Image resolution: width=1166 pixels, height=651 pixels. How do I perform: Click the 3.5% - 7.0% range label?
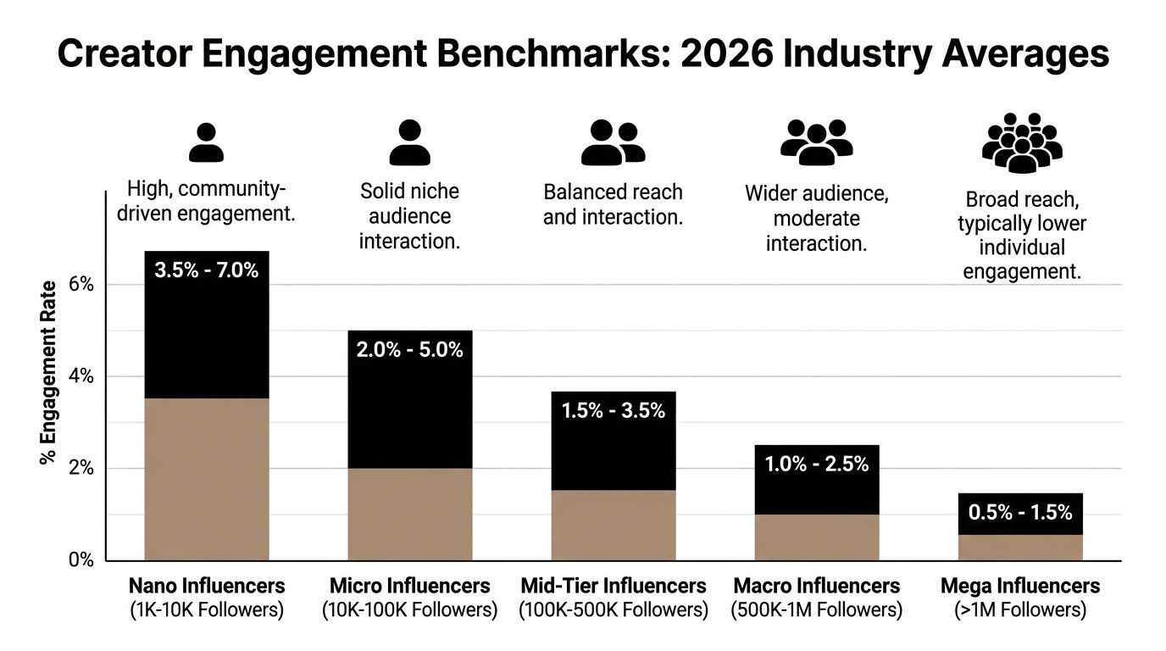[x=207, y=271]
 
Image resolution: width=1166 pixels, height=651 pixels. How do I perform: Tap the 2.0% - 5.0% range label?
[x=410, y=349]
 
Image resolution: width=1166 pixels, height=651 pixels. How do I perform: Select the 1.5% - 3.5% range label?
[x=614, y=411]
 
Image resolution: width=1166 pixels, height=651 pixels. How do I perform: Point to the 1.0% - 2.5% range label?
[x=817, y=464]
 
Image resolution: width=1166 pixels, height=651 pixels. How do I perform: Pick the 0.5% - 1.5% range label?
[x=1020, y=512]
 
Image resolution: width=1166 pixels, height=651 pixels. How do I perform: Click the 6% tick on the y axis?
[x=81, y=284]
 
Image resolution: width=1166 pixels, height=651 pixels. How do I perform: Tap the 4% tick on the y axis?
[x=81, y=376]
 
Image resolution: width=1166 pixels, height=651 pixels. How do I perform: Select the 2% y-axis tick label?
[x=81, y=469]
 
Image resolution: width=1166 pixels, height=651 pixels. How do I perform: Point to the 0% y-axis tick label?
[x=81, y=560]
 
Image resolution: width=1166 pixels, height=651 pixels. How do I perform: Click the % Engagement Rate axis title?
[x=48, y=372]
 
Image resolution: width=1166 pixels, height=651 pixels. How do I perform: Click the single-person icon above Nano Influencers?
[x=206, y=142]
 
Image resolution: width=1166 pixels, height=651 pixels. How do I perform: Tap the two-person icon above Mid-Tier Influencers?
[x=613, y=142]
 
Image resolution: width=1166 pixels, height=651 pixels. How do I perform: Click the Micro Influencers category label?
[x=410, y=586]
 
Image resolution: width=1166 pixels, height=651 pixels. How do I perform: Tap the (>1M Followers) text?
[x=1020, y=609]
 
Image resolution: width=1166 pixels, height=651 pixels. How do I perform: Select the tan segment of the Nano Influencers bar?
[x=207, y=479]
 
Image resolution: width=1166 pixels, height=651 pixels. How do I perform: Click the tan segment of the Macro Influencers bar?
[x=817, y=537]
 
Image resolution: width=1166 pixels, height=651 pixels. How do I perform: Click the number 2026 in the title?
[x=725, y=54]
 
